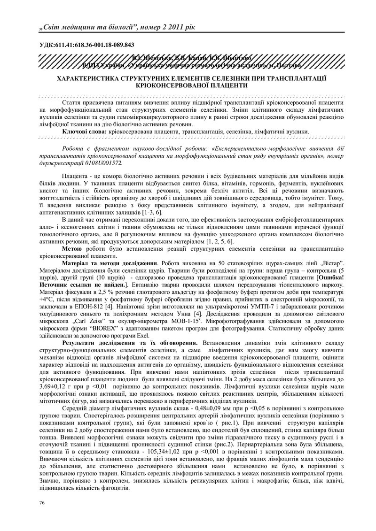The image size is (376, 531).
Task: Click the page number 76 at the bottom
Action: pos(42,503)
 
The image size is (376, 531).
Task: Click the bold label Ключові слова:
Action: pos(85,132)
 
